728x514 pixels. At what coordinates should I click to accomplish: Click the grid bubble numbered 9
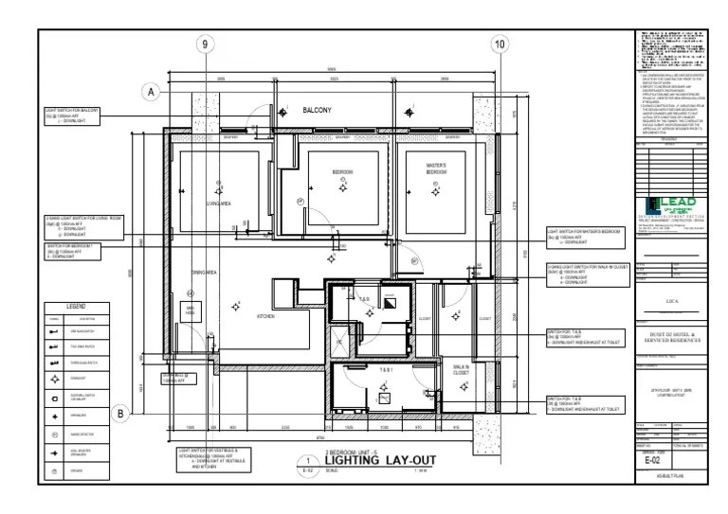coord(206,44)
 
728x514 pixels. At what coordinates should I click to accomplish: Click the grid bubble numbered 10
coord(500,44)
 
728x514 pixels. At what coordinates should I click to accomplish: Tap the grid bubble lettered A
coord(150,92)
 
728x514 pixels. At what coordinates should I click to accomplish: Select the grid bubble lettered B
coord(121,413)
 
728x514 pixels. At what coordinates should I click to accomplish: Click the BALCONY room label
coord(317,111)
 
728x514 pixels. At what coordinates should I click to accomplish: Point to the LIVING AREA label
coord(219,204)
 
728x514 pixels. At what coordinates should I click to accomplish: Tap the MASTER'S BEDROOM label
coord(436,169)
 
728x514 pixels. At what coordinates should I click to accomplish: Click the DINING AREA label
coord(205,273)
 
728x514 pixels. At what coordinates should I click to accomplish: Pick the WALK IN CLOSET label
coord(462,369)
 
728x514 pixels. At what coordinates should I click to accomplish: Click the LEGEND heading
coord(76,308)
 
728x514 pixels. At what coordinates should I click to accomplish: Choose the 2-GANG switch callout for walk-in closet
coord(588,275)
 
